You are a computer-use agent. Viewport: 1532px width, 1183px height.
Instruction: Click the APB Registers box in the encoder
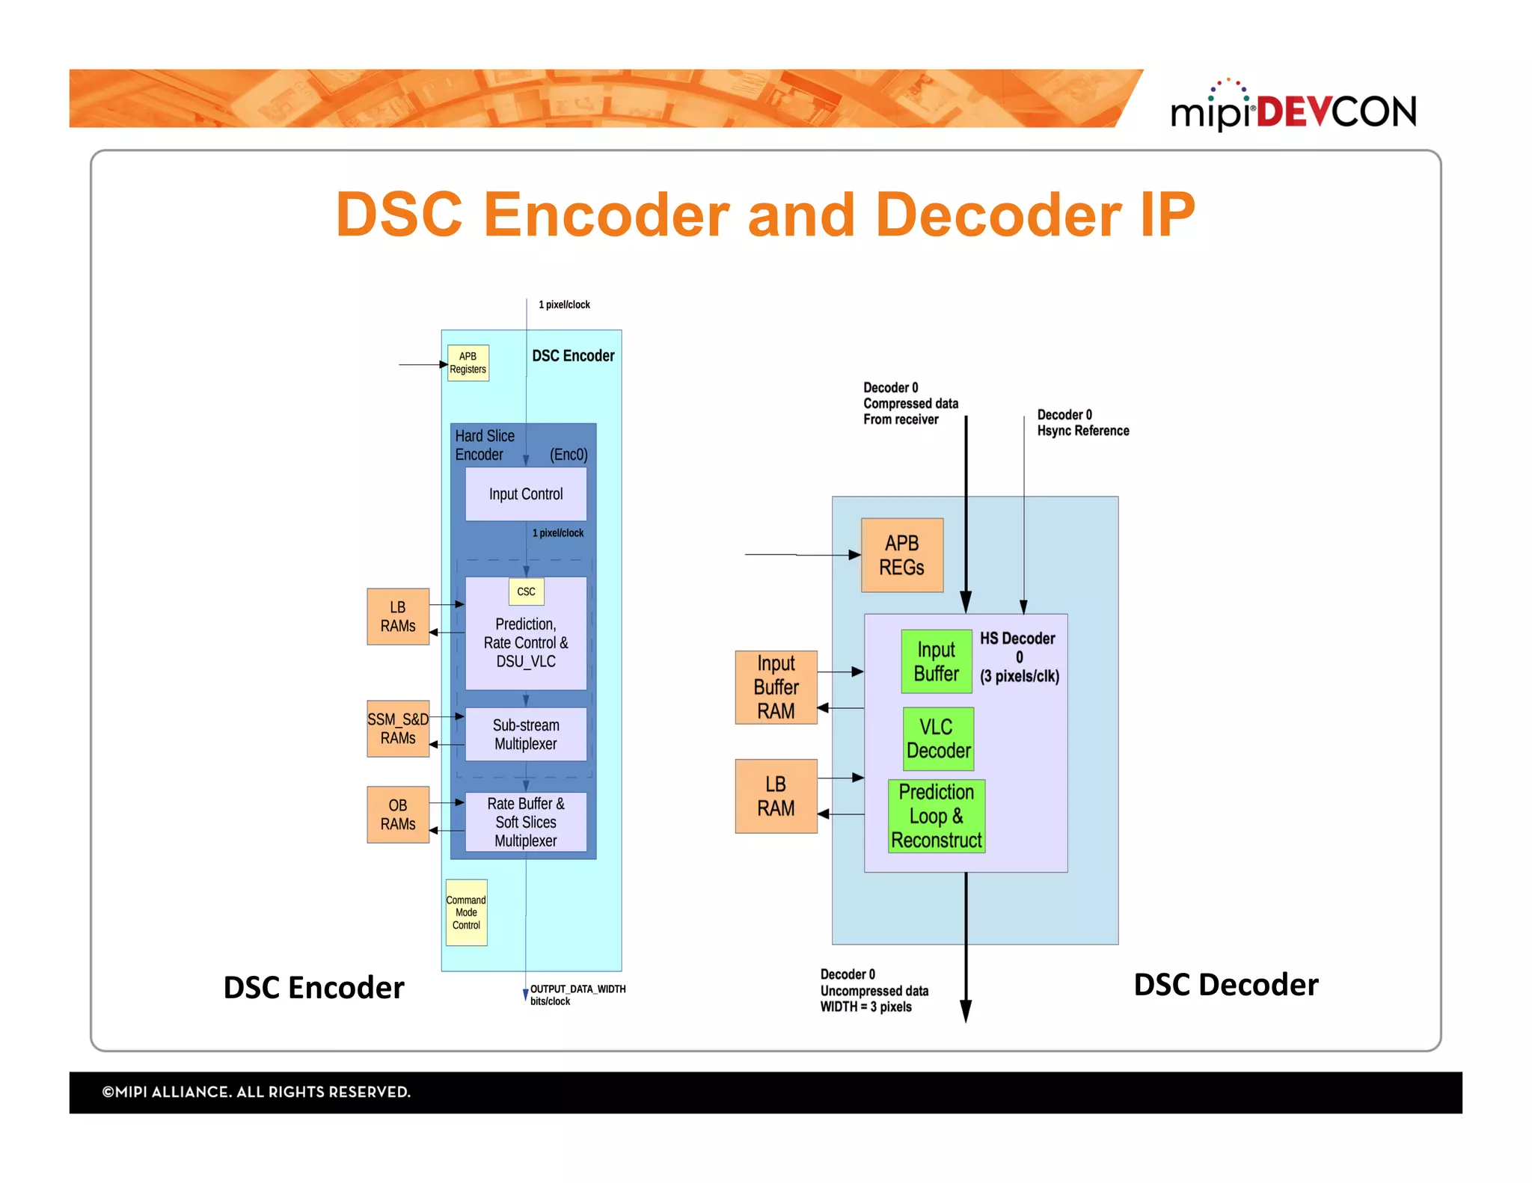[x=468, y=363]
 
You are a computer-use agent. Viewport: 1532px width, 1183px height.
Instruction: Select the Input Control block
[x=525, y=494]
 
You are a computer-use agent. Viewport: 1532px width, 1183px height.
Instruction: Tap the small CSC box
[x=526, y=591]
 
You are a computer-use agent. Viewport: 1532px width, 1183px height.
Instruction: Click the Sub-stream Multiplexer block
[x=525, y=734]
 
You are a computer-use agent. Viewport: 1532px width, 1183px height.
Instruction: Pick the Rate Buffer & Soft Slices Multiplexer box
[x=525, y=822]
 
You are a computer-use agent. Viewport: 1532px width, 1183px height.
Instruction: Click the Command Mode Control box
[x=466, y=912]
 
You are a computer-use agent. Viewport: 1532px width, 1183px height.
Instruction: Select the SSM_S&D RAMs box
[x=398, y=728]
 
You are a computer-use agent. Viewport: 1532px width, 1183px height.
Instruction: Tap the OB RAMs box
[x=398, y=814]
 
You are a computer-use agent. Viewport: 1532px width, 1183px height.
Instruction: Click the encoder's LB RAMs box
[x=398, y=616]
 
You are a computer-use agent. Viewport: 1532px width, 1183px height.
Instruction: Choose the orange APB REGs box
[x=901, y=555]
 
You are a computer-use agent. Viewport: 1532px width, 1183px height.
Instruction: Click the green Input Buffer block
[x=936, y=661]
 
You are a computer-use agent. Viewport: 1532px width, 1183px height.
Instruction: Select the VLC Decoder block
[x=938, y=739]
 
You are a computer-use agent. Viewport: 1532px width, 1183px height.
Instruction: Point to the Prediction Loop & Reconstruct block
[x=936, y=816]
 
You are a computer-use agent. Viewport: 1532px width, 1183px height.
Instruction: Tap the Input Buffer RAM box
[x=776, y=687]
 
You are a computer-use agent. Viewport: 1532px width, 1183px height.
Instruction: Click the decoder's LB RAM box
[x=776, y=796]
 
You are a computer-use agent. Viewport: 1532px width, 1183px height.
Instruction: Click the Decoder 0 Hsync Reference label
[x=1082, y=423]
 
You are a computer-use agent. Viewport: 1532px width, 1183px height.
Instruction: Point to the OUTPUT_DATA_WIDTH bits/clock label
[x=577, y=995]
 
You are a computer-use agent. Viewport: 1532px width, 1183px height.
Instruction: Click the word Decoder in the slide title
[x=998, y=215]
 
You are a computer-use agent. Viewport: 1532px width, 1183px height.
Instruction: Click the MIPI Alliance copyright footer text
[x=256, y=1092]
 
